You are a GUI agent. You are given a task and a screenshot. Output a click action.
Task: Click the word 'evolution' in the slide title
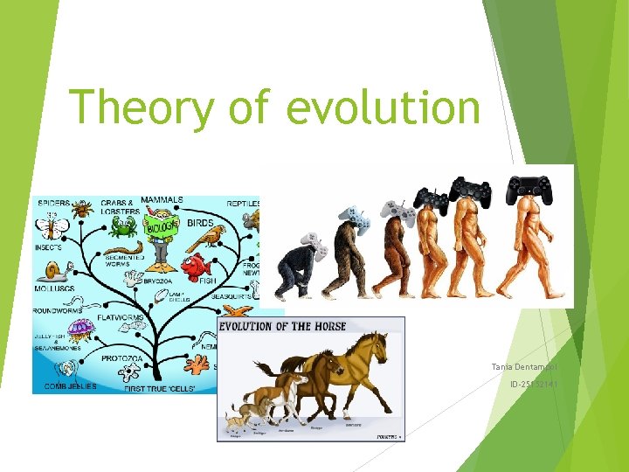383,108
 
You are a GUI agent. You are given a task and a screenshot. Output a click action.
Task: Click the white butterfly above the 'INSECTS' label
51,229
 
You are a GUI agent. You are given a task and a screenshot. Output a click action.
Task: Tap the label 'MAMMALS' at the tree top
162,199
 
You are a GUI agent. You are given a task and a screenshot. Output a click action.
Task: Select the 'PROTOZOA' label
128,358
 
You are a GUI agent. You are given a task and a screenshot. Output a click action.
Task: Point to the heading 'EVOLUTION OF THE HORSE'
282,326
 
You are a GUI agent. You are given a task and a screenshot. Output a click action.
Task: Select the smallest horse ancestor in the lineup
235,421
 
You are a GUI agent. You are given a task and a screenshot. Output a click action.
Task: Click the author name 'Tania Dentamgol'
524,366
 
